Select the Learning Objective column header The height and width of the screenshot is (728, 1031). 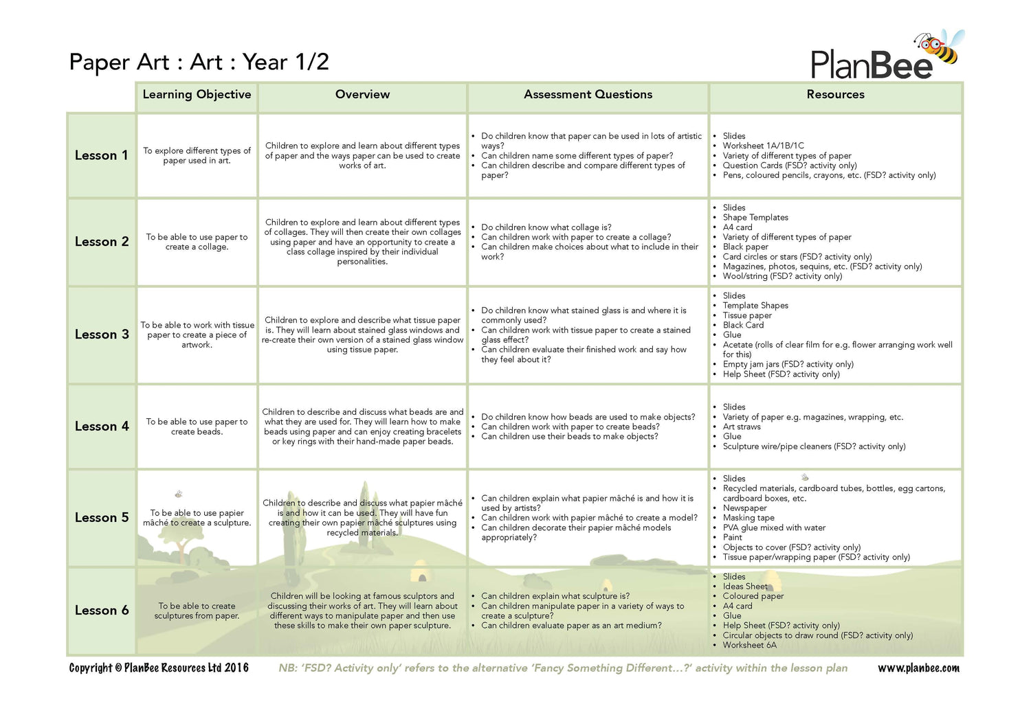click(x=197, y=95)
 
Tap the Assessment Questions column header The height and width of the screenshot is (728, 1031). click(x=588, y=95)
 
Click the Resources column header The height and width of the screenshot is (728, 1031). click(x=835, y=95)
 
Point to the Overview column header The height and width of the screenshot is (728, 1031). click(x=362, y=95)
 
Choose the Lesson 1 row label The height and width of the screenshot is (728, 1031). click(x=102, y=155)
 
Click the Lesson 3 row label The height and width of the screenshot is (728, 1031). click(x=102, y=334)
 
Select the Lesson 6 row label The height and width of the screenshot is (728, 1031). click(x=102, y=611)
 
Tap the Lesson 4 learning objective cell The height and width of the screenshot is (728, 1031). click(x=197, y=426)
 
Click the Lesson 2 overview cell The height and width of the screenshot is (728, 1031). click(x=362, y=242)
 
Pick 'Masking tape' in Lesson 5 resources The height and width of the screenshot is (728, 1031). click(x=749, y=518)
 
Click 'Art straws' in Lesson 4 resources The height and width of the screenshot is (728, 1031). click(x=742, y=426)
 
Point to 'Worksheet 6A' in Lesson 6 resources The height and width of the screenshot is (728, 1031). click(x=749, y=645)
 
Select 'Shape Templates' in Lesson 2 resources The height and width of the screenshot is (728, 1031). click(x=755, y=217)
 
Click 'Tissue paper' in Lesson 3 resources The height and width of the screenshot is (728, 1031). click(x=747, y=315)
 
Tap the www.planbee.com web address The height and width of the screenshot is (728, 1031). click(x=918, y=668)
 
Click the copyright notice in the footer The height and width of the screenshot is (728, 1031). click(x=159, y=668)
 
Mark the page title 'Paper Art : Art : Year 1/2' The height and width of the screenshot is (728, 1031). click(x=199, y=62)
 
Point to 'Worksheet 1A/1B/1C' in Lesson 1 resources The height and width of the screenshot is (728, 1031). click(x=763, y=146)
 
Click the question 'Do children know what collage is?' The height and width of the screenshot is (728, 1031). click(x=546, y=227)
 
